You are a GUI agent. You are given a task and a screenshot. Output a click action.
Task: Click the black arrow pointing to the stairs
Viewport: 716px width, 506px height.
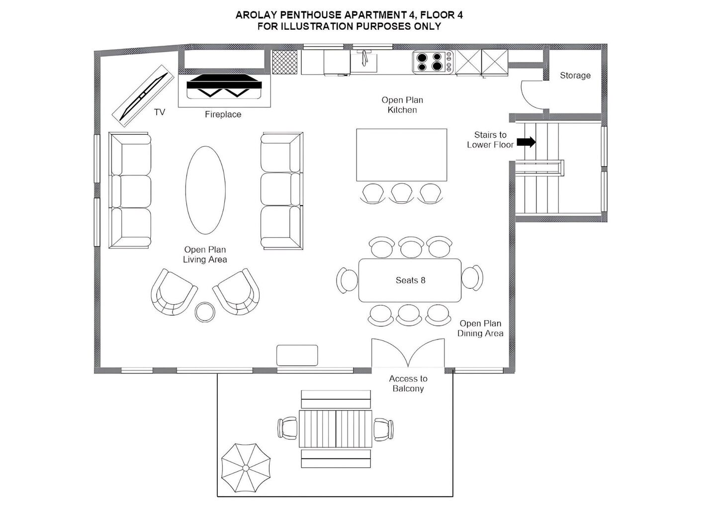tap(526, 142)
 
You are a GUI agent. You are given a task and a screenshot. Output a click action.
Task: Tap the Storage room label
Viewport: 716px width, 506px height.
tap(575, 76)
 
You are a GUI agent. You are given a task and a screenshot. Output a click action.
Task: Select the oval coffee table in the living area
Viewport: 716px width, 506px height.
tap(205, 190)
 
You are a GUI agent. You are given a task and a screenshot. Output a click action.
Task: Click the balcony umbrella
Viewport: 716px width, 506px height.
tap(246, 468)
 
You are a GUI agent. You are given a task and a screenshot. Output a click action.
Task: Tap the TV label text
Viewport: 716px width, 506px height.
tap(160, 112)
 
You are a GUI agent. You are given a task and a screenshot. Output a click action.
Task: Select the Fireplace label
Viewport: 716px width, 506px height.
tap(223, 114)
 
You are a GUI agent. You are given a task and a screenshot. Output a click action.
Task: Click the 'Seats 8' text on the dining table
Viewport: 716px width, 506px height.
tap(410, 280)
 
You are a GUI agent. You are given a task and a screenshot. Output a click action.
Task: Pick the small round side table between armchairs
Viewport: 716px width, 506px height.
tap(205, 312)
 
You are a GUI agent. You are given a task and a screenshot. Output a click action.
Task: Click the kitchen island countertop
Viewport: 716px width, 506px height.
tap(402, 155)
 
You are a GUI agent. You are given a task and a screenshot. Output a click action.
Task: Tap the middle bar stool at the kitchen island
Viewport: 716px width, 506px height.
tap(402, 193)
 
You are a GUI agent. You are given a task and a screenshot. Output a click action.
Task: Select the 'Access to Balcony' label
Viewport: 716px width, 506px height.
tap(408, 383)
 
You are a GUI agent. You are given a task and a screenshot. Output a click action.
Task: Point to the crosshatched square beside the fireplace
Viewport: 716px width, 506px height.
tap(284, 62)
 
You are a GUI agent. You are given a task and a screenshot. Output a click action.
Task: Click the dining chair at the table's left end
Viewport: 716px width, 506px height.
tap(347, 280)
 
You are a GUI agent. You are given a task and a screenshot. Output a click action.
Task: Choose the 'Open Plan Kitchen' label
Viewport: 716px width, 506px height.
tap(402, 105)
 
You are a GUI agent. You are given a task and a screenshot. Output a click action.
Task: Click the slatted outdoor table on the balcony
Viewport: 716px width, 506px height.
tap(336, 429)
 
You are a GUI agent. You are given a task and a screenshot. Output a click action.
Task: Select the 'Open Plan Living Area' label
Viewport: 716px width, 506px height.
tap(205, 254)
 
